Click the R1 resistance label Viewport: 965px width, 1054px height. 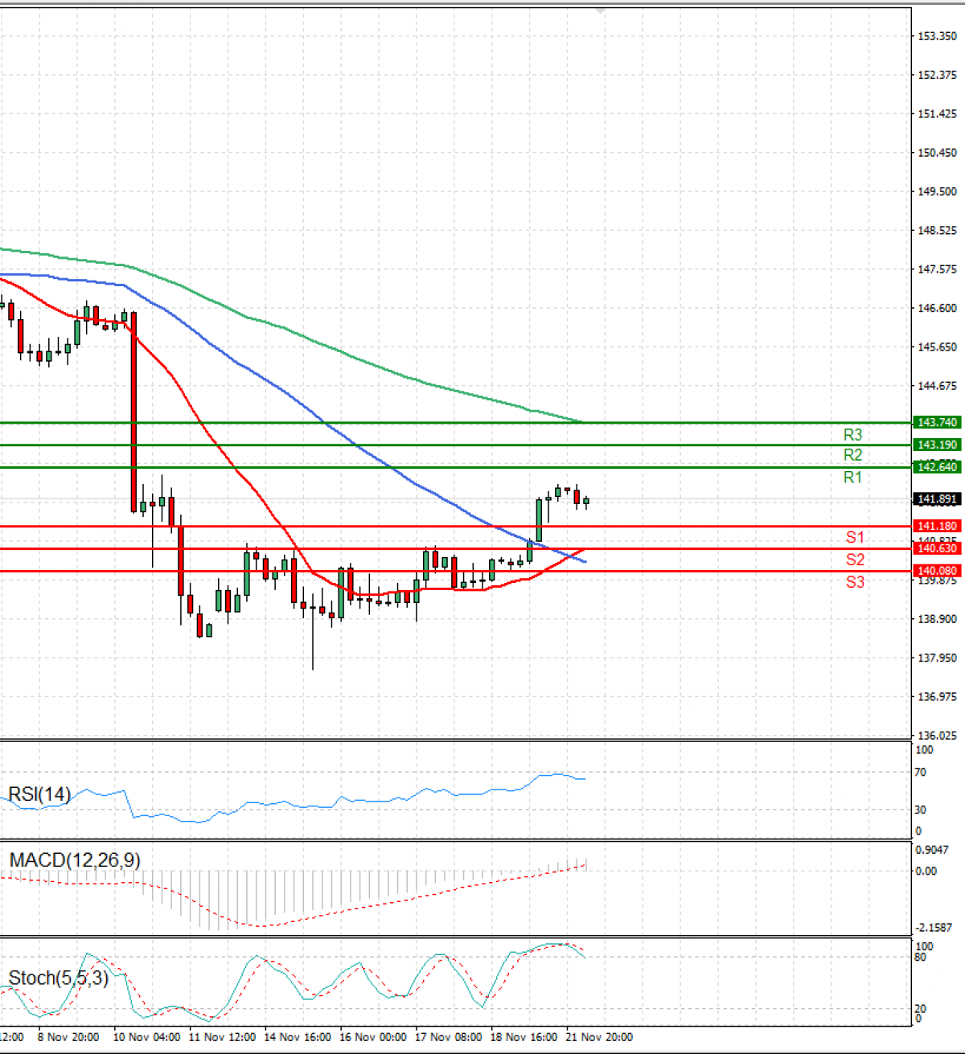[852, 478]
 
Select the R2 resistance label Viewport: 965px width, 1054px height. [852, 455]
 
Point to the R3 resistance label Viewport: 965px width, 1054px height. [852, 435]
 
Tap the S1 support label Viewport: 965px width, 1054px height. [855, 538]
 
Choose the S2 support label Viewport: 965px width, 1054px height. [855, 560]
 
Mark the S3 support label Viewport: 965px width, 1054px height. [855, 581]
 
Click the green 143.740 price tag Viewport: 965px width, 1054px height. [937, 422]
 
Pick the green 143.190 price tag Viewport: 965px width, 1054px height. [937, 445]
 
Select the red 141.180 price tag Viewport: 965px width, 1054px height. [937, 527]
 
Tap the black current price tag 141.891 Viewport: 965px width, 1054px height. [937, 499]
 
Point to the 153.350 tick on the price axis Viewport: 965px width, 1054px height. [937, 36]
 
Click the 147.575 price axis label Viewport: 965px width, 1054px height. [937, 269]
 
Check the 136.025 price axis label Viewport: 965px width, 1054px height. [937, 736]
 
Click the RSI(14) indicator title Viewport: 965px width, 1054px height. [39, 794]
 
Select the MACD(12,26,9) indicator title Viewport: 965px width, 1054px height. [75, 860]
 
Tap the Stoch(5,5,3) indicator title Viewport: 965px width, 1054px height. [58, 978]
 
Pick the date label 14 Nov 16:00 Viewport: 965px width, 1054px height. [298, 1037]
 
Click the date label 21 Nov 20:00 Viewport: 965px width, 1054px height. [599, 1037]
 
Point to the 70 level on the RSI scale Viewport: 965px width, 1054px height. [921, 773]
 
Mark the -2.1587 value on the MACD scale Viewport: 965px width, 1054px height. [934, 928]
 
